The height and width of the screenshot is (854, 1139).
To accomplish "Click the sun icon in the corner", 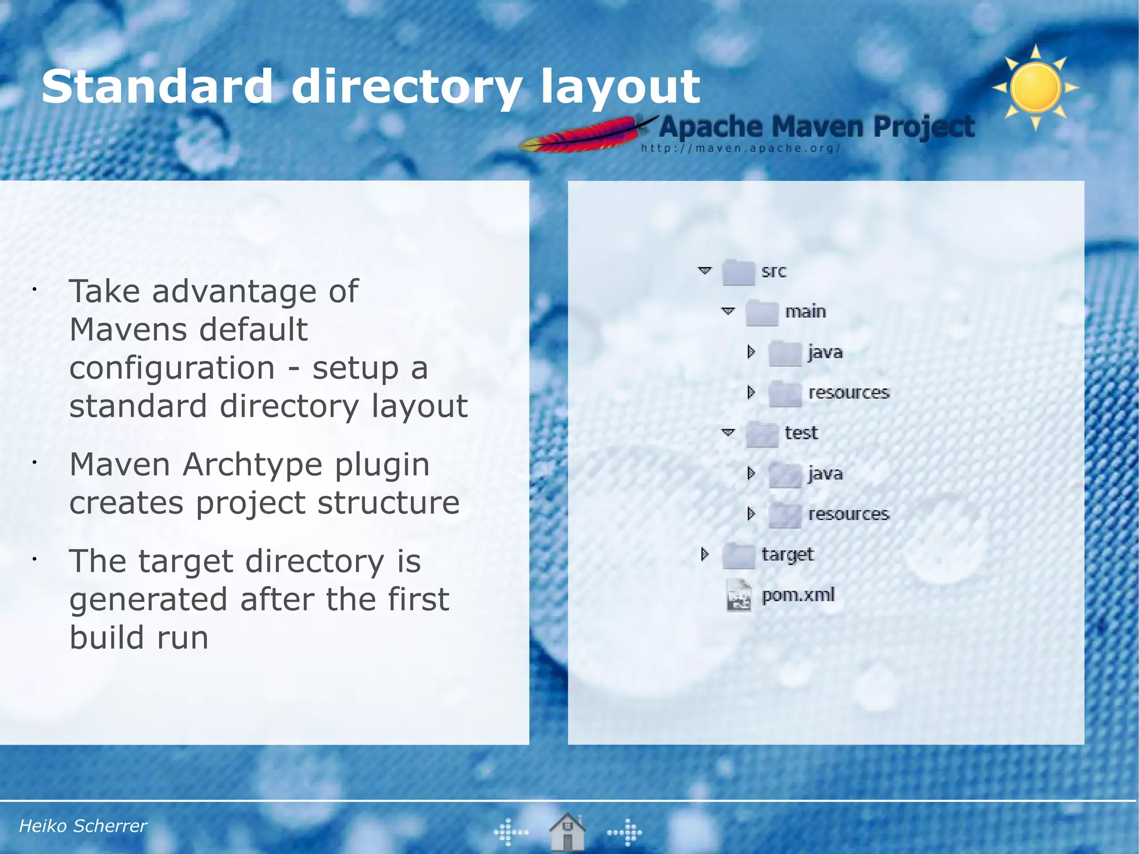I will point(1036,88).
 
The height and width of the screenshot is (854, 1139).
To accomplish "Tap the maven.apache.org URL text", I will point(740,149).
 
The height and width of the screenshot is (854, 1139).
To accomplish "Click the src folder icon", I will point(738,272).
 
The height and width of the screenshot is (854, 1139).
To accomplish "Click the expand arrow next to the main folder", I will point(728,311).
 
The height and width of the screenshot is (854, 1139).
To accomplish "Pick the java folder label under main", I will point(825,352).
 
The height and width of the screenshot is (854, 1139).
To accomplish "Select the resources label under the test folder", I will point(849,514).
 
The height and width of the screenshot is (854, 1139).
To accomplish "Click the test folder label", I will point(801,433).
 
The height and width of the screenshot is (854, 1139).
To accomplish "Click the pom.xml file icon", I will point(739,595).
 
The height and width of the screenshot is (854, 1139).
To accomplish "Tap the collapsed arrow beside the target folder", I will point(705,554).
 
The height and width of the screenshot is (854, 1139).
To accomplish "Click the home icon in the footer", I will point(567,831).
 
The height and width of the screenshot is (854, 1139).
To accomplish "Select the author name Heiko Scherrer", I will point(83,826).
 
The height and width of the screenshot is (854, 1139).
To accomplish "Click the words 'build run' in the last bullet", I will point(139,638).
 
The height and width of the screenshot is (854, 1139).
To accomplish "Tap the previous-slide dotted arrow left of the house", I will point(511,832).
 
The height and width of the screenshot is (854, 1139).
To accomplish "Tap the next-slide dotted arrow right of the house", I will point(625,832).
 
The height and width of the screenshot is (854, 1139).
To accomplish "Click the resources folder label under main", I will point(849,393).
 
